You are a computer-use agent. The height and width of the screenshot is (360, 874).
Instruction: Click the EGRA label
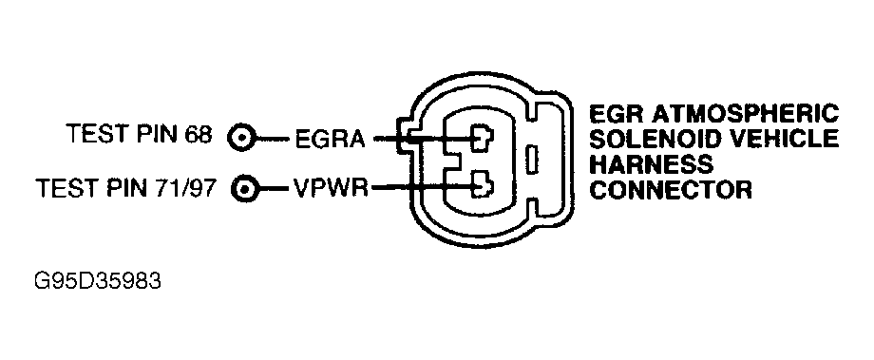331,140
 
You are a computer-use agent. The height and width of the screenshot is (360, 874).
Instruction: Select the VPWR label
332,187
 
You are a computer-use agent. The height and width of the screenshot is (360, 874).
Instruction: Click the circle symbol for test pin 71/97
246,187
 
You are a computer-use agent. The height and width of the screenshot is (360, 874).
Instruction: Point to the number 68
198,136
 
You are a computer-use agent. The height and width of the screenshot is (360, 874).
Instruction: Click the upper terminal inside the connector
484,139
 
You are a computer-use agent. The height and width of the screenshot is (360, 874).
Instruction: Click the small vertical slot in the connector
534,160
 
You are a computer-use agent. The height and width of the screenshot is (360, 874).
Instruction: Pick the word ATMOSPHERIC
744,115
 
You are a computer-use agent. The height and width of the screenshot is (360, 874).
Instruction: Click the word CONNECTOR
672,190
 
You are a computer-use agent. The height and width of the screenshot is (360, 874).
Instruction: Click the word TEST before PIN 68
94,136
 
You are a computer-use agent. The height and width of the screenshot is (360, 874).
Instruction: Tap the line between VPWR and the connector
418,187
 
